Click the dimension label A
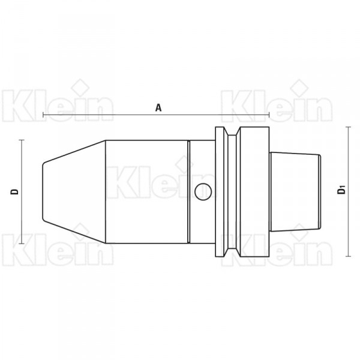click(158, 107)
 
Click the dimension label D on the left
click(14, 192)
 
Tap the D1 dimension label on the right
click(341, 191)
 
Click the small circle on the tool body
click(203, 192)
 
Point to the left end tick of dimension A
click(43, 115)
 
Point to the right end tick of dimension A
click(269, 115)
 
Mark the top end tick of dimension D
click(22, 140)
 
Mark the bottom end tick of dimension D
click(22, 244)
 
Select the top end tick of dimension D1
click(349, 127)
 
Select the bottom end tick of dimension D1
click(349, 256)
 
